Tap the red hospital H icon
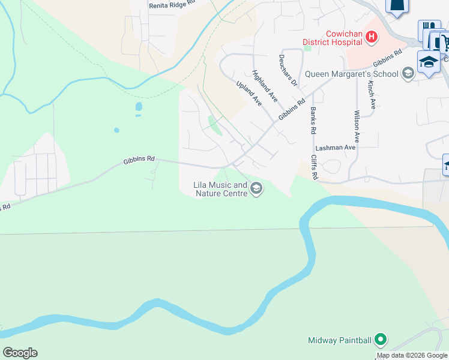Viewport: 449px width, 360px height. click(x=372, y=37)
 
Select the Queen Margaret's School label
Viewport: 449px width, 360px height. click(x=351, y=74)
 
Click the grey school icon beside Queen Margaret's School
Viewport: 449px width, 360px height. click(x=408, y=74)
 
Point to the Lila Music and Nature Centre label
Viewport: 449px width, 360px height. click(x=220, y=190)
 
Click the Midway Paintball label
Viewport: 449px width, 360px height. click(x=340, y=340)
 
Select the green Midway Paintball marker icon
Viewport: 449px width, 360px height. click(x=380, y=340)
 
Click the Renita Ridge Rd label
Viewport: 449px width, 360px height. click(x=172, y=3)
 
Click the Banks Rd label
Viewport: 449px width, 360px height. click(x=313, y=120)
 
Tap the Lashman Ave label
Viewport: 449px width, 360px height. click(x=336, y=147)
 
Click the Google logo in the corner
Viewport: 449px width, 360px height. click(x=20, y=353)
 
